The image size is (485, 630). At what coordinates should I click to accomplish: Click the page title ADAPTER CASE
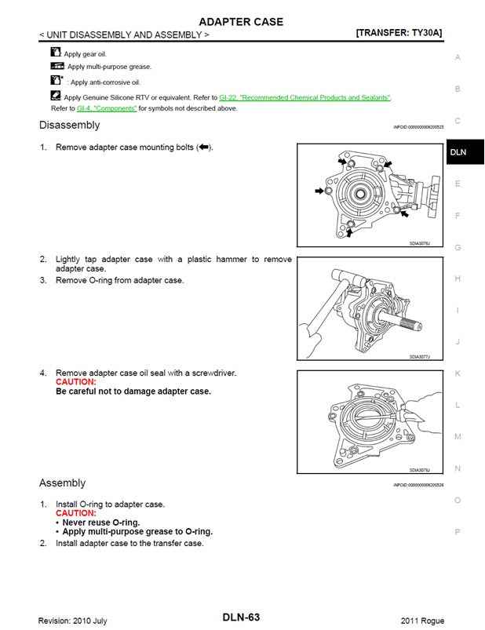pyautogui.click(x=241, y=21)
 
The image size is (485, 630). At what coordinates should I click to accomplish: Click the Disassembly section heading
pyautogui.click(x=69, y=125)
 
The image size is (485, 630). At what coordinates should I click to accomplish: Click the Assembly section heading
pyautogui.click(x=62, y=483)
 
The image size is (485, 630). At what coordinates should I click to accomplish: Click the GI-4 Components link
pyautogui.click(x=101, y=108)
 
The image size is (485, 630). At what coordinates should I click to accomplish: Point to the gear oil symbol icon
pyautogui.click(x=55, y=53)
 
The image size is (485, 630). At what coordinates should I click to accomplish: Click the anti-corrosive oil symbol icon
pyautogui.click(x=56, y=81)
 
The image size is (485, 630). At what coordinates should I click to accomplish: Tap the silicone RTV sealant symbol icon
pyautogui.click(x=56, y=96)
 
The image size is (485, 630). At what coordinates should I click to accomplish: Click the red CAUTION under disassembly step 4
pyautogui.click(x=76, y=382)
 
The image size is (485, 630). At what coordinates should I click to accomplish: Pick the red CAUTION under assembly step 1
pyautogui.click(x=76, y=513)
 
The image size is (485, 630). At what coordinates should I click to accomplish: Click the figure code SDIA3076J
pyautogui.click(x=420, y=244)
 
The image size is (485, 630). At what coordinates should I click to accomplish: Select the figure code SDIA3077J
pyautogui.click(x=420, y=357)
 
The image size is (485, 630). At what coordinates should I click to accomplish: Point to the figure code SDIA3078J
pyautogui.click(x=420, y=470)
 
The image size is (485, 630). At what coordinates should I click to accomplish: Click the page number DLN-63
pyautogui.click(x=241, y=618)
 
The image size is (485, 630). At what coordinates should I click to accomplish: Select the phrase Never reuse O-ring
pyautogui.click(x=101, y=523)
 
